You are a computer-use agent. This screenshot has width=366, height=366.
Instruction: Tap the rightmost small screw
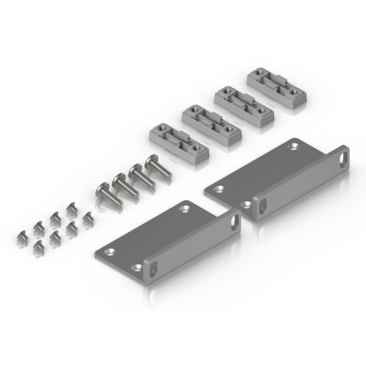pyautogui.click(x=87, y=219)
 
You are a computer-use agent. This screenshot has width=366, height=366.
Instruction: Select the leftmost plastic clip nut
pyautogui.click(x=179, y=142)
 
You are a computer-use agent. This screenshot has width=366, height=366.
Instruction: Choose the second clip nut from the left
pyautogui.click(x=211, y=123)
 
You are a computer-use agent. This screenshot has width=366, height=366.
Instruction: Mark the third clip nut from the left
pyautogui.click(x=243, y=105)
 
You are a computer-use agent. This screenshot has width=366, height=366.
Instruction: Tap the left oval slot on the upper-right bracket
pyautogui.click(x=262, y=206)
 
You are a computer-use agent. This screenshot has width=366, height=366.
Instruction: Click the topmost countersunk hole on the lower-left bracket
pyautogui.click(x=184, y=209)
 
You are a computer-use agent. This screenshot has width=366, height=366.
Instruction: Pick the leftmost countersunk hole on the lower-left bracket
pyautogui.click(x=110, y=252)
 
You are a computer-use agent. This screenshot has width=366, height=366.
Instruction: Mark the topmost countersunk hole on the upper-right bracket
pyautogui.click(x=292, y=146)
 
